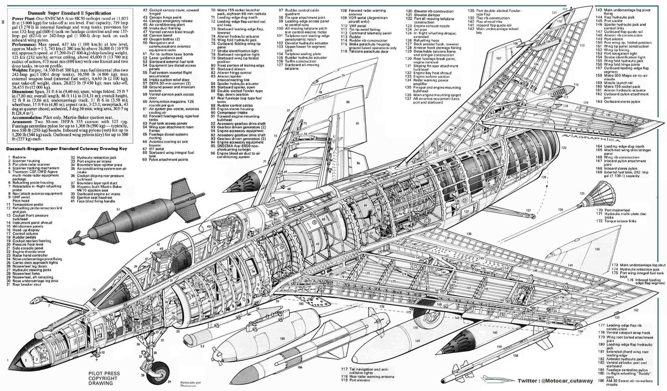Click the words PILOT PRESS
[102, 373]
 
